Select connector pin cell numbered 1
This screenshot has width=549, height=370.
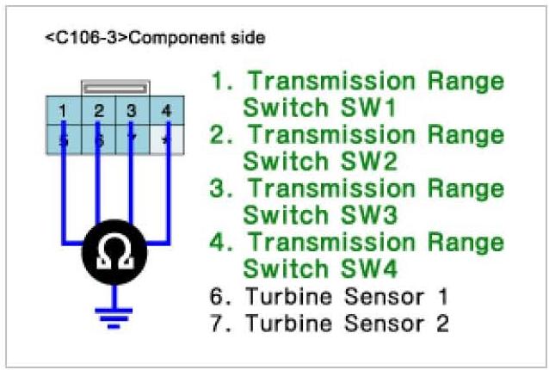pyautogui.click(x=64, y=111)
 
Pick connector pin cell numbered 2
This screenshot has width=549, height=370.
pyautogui.click(x=98, y=111)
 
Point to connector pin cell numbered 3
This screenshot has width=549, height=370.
pyautogui.click(x=131, y=111)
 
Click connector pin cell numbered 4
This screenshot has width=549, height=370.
pyautogui.click(x=166, y=111)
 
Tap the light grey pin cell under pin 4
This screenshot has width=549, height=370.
pyautogui.click(x=166, y=139)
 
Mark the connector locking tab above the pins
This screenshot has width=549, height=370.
pyautogui.click(x=114, y=89)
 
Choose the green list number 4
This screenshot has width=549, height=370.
pyautogui.click(x=220, y=243)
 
